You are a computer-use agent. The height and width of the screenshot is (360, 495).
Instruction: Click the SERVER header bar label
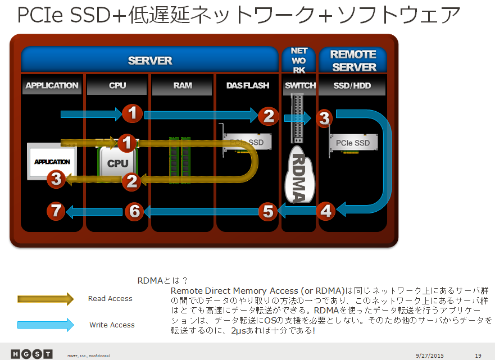click(149, 60)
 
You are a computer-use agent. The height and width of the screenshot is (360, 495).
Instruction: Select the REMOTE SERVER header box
click(353, 60)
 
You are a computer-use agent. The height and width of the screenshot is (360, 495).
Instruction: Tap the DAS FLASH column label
click(247, 85)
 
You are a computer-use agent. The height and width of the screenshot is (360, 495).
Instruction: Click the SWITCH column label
click(300, 85)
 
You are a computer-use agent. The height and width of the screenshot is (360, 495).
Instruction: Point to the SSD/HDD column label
click(352, 85)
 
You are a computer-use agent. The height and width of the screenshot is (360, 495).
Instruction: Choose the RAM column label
click(183, 85)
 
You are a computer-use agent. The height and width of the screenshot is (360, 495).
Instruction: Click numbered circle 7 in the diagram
click(55, 211)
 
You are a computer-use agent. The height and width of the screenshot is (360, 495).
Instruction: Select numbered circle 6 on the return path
click(133, 211)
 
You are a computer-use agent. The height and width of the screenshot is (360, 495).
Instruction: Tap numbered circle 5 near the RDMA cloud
click(268, 211)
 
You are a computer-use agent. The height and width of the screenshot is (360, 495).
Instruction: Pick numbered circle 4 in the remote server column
click(326, 211)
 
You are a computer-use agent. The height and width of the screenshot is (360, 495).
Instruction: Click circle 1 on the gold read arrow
click(127, 143)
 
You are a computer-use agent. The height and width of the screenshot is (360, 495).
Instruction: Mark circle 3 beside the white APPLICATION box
click(55, 179)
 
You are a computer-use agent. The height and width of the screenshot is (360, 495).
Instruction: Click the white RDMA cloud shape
click(299, 175)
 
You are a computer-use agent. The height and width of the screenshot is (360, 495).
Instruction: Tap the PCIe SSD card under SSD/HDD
click(353, 145)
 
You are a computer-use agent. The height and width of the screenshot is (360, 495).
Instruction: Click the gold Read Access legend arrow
click(46, 299)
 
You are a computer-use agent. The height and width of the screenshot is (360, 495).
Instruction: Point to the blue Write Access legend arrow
click(46, 325)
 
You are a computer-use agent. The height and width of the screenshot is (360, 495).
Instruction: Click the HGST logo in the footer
click(31, 354)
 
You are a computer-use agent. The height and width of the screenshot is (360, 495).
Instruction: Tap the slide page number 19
click(478, 355)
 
